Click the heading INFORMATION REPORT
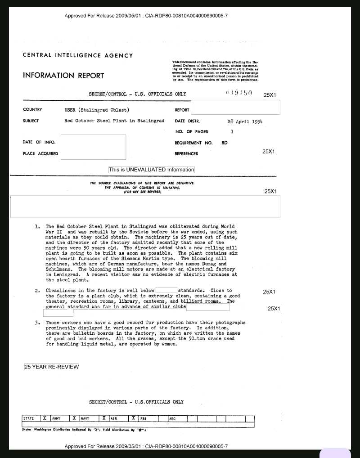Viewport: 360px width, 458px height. tap(63, 76)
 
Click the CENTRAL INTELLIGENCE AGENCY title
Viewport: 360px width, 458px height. tap(78, 55)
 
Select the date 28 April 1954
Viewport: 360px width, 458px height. tap(245, 121)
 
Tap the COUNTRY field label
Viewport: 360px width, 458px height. tap(32, 110)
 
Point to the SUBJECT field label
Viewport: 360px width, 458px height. tap(31, 121)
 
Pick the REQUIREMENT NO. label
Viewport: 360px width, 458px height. tap(193, 143)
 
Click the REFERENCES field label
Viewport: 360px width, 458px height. tap(186, 154)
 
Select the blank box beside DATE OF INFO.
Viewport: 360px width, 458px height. tap(93, 147)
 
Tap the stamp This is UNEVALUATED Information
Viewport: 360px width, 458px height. tap(152, 170)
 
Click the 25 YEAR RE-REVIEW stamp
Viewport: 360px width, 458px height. tap(52, 367)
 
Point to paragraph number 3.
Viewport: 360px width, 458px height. tap(38, 323)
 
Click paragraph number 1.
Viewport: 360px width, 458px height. tap(38, 226)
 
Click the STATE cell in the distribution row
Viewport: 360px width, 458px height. tap(29, 418)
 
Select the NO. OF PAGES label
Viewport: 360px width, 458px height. tap(192, 132)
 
